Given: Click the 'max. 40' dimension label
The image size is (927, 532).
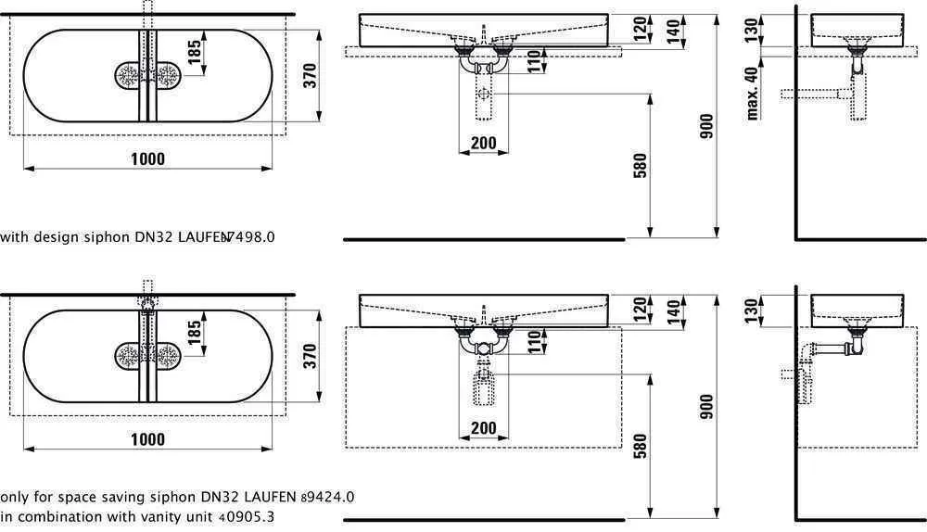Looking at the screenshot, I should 753,90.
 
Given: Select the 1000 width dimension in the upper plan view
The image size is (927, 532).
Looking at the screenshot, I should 146,158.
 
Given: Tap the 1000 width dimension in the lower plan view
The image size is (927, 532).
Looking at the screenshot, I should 146,438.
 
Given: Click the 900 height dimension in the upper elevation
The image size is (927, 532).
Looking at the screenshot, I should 706,126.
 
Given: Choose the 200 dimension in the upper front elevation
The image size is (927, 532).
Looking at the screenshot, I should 483,144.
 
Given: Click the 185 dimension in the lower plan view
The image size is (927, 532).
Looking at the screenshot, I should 194,335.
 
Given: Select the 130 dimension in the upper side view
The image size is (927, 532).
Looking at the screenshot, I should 753,29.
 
